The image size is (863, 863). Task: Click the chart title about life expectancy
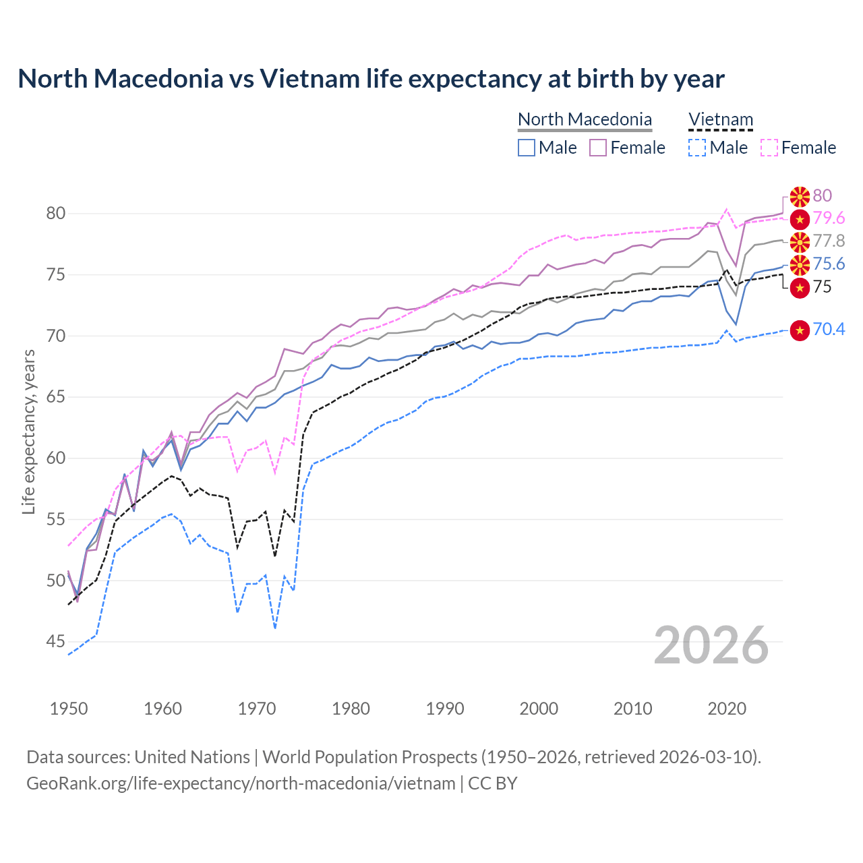pyautogui.click(x=371, y=79)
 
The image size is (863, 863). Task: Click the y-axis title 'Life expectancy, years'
pyautogui.click(x=28, y=431)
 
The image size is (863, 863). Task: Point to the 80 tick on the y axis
pyautogui.click(x=56, y=214)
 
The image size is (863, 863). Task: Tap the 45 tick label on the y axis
pyautogui.click(x=56, y=642)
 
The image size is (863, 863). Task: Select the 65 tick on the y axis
pyautogui.click(x=56, y=397)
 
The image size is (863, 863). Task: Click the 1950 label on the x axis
pyautogui.click(x=69, y=709)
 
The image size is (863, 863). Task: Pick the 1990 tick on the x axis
pyautogui.click(x=445, y=709)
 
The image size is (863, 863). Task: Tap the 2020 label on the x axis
pyautogui.click(x=727, y=709)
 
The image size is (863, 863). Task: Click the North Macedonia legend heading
pyautogui.click(x=585, y=119)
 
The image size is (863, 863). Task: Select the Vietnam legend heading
pyautogui.click(x=720, y=119)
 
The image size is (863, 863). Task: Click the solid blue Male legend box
pyautogui.click(x=527, y=148)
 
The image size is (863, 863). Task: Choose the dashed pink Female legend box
pyautogui.click(x=769, y=148)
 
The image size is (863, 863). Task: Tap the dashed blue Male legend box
pyautogui.click(x=698, y=148)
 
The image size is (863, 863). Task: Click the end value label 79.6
pyautogui.click(x=829, y=218)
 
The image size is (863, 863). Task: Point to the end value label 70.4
pyautogui.click(x=829, y=330)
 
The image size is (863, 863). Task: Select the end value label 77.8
pyautogui.click(x=829, y=241)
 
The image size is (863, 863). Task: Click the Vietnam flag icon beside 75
pyautogui.click(x=800, y=288)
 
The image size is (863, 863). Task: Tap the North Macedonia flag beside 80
pyautogui.click(x=800, y=196)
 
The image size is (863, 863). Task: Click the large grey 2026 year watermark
pyautogui.click(x=711, y=645)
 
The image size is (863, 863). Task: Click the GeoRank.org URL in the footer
pyautogui.click(x=241, y=783)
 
